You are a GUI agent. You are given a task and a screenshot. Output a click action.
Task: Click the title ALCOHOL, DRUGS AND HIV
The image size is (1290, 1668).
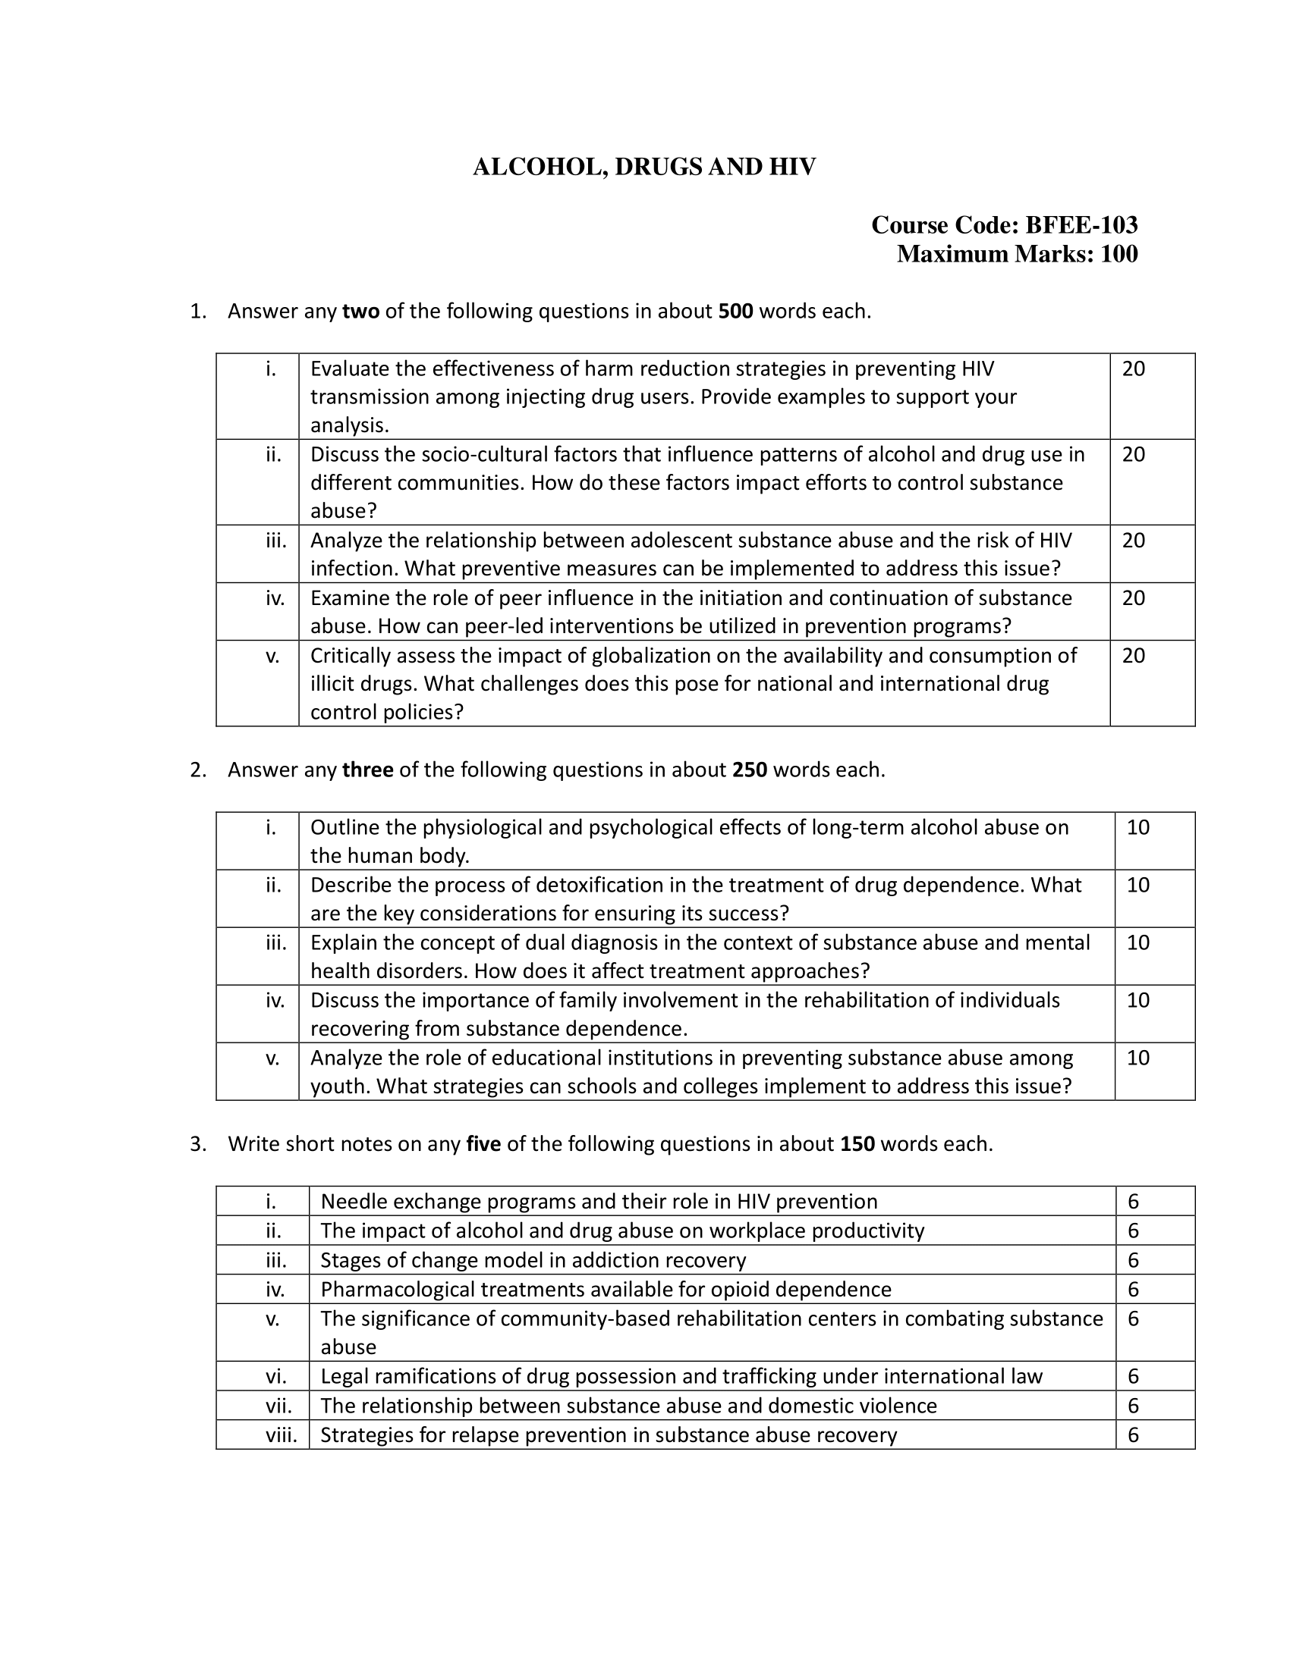point(643,168)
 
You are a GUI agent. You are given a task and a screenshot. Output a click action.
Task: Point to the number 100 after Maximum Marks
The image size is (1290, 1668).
point(1118,254)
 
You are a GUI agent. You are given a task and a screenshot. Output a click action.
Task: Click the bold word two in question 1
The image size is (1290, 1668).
point(360,312)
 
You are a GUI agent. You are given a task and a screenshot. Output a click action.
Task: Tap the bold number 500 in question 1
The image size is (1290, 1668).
point(735,312)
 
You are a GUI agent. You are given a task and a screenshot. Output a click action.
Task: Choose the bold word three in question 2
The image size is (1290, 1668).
point(367,770)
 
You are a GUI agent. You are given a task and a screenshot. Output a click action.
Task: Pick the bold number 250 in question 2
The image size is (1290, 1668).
point(749,770)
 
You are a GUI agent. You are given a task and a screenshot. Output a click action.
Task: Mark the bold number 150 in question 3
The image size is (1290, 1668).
point(857,1144)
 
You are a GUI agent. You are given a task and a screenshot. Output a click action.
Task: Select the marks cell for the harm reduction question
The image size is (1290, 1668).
point(1134,370)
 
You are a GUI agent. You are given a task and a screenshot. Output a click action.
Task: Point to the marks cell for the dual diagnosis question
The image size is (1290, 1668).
point(1138,942)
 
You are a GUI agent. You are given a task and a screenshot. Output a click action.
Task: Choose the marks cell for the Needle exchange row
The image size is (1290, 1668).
point(1134,1202)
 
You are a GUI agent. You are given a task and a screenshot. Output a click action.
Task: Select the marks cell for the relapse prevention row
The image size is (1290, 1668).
point(1134,1435)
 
